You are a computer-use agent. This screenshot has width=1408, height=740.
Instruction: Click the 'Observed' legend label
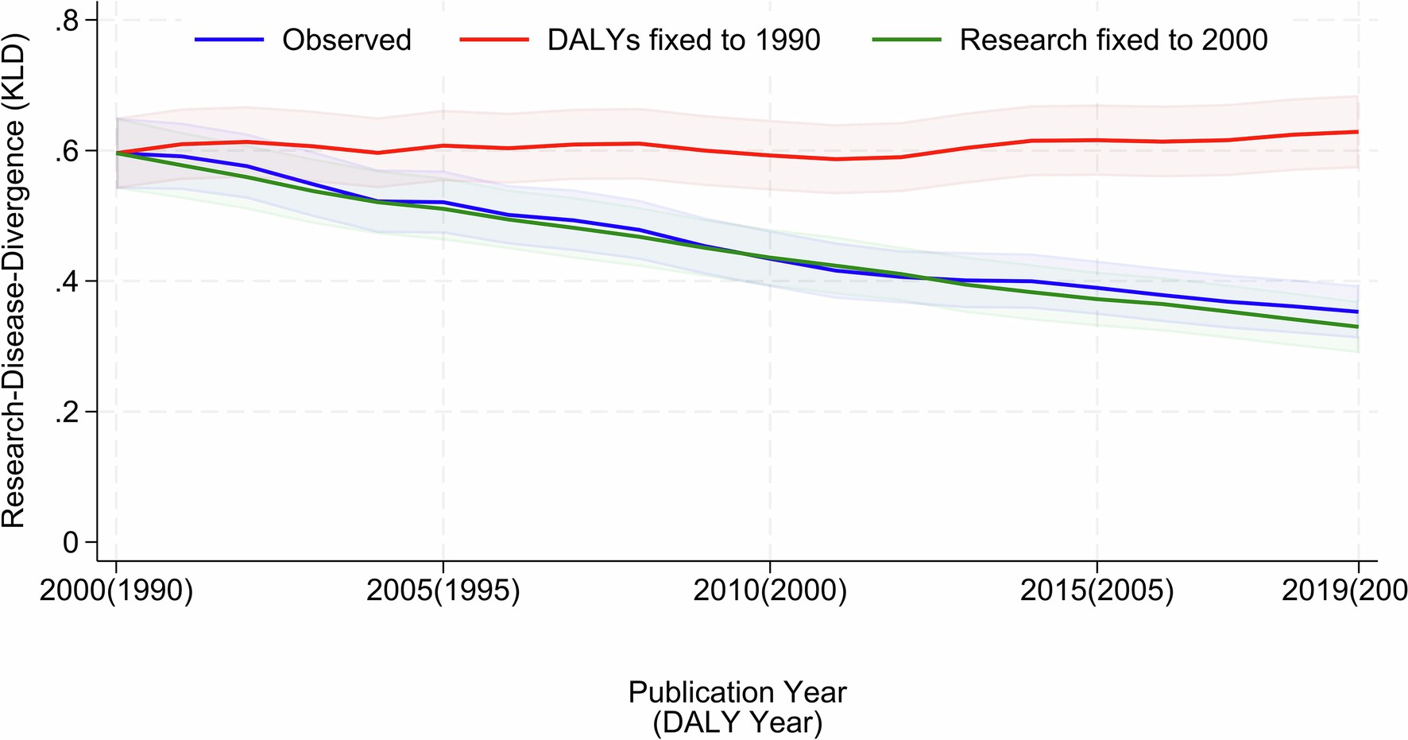click(x=346, y=40)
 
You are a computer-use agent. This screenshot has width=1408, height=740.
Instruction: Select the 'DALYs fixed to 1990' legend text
click(x=683, y=40)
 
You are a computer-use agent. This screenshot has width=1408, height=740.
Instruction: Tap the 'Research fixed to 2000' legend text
click(x=1113, y=40)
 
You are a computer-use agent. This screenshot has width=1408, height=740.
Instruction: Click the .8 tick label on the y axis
click(x=66, y=21)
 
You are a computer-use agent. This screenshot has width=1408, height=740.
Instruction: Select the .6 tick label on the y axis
click(x=66, y=151)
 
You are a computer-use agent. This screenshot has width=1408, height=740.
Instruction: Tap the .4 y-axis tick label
click(x=66, y=282)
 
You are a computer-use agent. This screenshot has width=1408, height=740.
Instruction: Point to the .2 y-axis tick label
click(x=66, y=413)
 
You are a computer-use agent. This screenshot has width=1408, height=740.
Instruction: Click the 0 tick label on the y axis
click(x=71, y=543)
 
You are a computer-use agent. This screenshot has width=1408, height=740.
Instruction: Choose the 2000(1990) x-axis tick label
click(x=116, y=591)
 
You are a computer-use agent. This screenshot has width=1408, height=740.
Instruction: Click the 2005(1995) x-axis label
click(x=443, y=591)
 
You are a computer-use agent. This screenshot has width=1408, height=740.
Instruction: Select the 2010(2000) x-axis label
click(x=769, y=591)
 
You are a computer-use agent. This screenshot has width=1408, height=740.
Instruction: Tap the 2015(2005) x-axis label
click(x=1096, y=591)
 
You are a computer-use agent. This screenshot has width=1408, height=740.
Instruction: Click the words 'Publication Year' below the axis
click(x=737, y=692)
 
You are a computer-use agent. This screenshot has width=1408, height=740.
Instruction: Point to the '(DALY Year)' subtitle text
click(x=737, y=723)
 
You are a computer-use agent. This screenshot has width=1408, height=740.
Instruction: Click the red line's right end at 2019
click(x=1356, y=132)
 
